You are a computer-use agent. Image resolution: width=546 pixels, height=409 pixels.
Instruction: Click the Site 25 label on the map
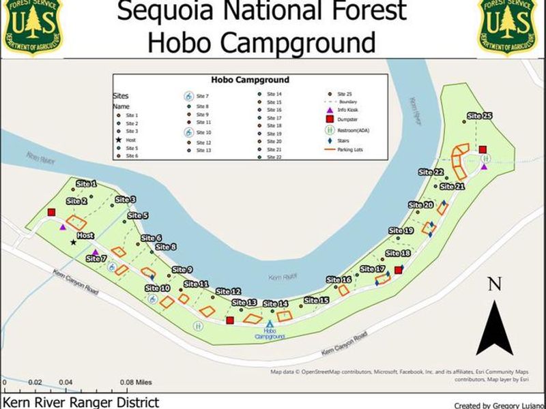pos(479,116)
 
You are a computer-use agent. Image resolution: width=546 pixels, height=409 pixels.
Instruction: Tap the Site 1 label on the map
pos(87,184)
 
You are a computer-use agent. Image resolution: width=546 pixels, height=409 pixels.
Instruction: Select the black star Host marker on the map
pos(73,242)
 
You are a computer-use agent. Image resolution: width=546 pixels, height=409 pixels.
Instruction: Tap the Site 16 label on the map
pos(339,279)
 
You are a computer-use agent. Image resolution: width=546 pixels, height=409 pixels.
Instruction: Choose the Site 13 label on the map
pos(244,302)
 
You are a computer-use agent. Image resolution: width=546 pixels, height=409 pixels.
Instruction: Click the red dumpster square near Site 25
pos(483,149)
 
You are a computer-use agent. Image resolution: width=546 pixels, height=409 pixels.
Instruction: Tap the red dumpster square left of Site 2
pos(51,212)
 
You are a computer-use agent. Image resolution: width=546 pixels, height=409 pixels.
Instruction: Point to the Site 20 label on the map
pos(420,204)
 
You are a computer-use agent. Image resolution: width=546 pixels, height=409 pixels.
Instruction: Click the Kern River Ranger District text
pos(81,403)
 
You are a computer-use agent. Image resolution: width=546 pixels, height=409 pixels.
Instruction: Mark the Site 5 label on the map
pos(136,215)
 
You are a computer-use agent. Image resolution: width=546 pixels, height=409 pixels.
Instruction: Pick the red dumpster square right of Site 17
pos(399,270)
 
